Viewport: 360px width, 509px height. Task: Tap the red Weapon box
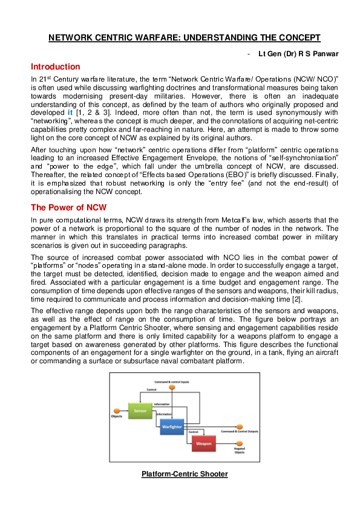click(x=204, y=444)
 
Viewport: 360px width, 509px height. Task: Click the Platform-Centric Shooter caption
click(x=185, y=474)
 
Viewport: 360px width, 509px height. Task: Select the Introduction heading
click(x=55, y=66)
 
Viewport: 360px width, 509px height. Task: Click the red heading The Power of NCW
click(x=69, y=207)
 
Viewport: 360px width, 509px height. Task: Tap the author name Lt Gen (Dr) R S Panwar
click(x=298, y=54)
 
